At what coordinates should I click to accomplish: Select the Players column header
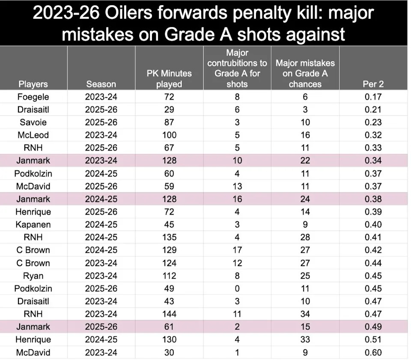33,84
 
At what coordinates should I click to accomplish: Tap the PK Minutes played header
169,79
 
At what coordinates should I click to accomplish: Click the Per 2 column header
373,84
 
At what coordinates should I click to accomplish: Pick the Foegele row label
33,96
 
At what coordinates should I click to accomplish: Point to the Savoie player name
33,122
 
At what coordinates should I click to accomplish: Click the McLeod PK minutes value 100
169,135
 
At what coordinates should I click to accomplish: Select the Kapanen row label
33,225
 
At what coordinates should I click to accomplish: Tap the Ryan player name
33,276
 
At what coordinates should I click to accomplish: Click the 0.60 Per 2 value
373,352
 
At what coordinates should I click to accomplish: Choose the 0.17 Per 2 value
373,96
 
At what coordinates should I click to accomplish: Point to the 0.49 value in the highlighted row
373,327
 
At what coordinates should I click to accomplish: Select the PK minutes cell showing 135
169,237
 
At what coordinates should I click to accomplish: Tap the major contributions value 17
237,250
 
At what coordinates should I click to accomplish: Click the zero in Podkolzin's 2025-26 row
237,288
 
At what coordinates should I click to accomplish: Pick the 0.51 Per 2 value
373,339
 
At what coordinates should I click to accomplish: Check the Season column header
101,84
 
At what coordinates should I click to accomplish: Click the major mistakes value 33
305,339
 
